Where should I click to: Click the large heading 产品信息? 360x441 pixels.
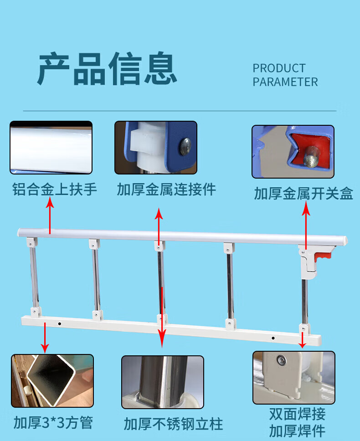click(x=107, y=68)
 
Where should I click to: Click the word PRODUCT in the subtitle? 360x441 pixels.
click(x=279, y=68)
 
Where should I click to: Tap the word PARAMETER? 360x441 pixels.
click(x=285, y=82)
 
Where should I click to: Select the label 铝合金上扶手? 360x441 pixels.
click(x=55, y=189)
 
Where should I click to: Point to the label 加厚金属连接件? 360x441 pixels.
click(x=166, y=189)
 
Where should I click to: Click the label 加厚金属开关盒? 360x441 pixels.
click(x=303, y=194)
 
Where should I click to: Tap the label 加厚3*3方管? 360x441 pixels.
click(x=53, y=422)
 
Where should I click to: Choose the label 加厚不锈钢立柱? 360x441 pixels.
click(x=174, y=424)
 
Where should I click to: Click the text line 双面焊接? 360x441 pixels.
click(x=297, y=414)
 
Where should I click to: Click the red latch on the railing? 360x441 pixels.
click(x=323, y=256)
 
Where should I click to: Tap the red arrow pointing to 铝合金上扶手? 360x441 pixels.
click(x=50, y=215)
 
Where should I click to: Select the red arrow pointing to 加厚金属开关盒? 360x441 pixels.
click(x=306, y=225)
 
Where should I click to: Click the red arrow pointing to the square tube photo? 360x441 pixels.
click(x=45, y=338)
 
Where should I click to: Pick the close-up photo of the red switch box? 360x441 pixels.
click(x=293, y=152)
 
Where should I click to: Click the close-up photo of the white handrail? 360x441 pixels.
click(x=51, y=148)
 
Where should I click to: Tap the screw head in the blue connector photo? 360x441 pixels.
click(x=185, y=147)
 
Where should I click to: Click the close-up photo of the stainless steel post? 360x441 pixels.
click(x=163, y=382)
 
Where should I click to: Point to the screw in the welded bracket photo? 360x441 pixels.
click(x=281, y=359)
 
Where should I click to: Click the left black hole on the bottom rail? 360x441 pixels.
click(x=60, y=324)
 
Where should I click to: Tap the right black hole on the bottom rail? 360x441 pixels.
click(x=273, y=338)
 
